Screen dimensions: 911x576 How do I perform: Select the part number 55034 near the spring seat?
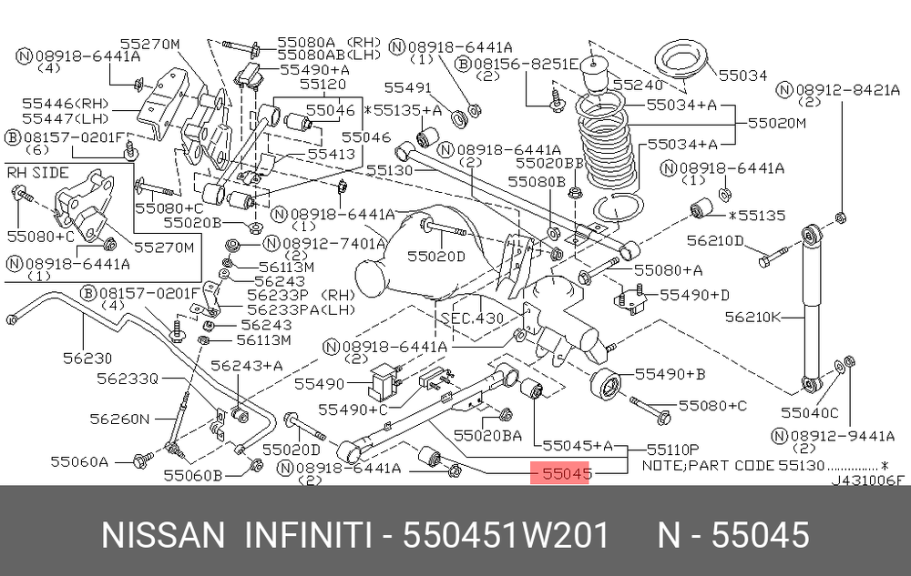[x=742, y=76]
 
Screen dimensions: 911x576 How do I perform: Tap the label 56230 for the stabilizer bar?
[x=87, y=359]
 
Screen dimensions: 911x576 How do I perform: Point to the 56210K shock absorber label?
[x=753, y=318]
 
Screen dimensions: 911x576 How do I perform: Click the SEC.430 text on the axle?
[x=472, y=318]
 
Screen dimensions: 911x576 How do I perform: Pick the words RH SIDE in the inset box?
[x=37, y=173]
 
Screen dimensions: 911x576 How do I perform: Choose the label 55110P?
[x=672, y=450]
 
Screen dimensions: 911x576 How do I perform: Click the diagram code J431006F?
[x=867, y=480]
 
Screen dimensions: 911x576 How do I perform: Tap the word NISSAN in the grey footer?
[x=163, y=535]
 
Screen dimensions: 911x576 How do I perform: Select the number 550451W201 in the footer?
[x=506, y=535]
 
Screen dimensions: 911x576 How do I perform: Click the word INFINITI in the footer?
[x=307, y=535]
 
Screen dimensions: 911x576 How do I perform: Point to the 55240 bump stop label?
[x=638, y=86]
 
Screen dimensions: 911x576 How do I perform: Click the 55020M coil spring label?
[x=777, y=123]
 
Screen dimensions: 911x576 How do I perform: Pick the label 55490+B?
[x=670, y=374]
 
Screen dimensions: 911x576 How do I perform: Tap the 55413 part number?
[x=332, y=155]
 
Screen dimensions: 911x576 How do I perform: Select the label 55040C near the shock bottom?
[x=809, y=412]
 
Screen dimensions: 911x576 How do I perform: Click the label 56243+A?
[x=246, y=366]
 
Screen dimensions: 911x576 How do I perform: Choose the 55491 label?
[x=408, y=87]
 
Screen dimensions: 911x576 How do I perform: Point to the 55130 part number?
[x=389, y=170]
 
